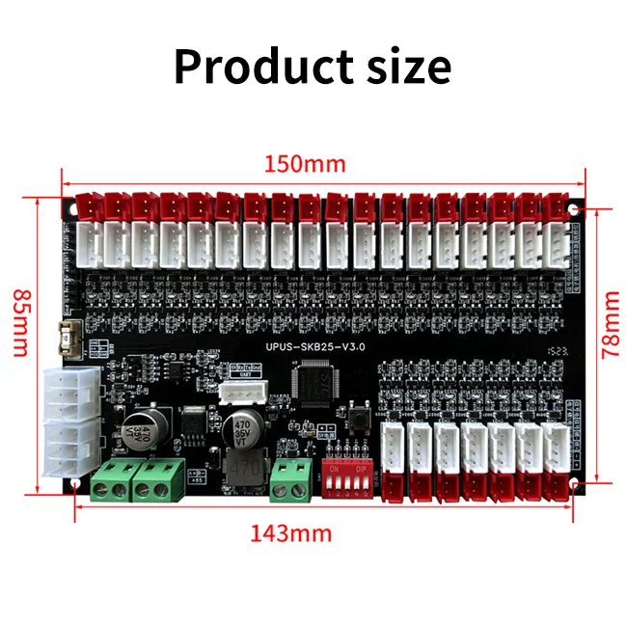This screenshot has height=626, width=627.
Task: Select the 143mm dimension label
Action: pos(291,532)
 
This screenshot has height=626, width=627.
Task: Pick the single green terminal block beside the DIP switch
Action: pos(286,480)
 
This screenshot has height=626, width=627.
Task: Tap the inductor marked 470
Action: pos(246,469)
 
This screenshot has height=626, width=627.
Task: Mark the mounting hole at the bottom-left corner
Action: pos(73,487)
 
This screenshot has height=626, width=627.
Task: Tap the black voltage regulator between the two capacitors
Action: pos(193,422)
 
